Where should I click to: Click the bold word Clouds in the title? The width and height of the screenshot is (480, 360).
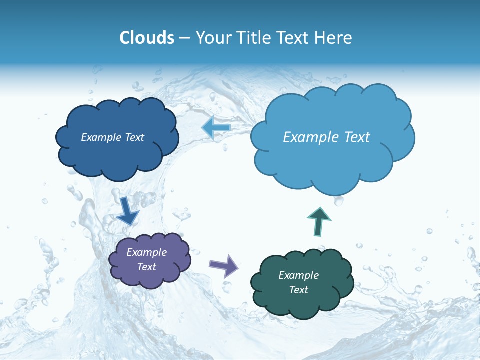point(146,38)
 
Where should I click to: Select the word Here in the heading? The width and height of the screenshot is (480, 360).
point(335,38)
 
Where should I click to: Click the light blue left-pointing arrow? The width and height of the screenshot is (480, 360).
point(216,128)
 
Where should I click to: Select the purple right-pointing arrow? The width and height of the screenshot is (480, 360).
point(224,265)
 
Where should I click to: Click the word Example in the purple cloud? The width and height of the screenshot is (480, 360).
point(146,252)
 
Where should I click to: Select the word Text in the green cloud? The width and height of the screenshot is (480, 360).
point(298,290)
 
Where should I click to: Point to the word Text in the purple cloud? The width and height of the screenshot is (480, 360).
point(146,267)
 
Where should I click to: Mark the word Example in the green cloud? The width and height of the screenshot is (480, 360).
point(298,275)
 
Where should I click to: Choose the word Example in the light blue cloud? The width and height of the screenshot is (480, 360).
point(310,137)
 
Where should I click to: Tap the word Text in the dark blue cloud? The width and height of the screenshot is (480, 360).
point(134,137)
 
